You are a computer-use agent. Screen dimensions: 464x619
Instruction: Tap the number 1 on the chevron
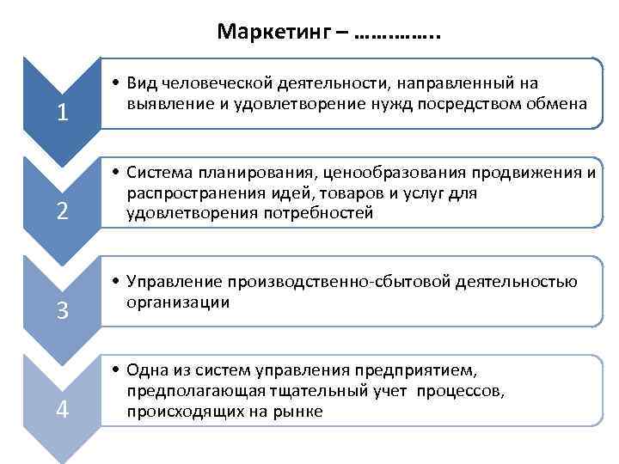pyautogui.click(x=62, y=113)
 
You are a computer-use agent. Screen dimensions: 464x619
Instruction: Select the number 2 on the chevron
pyautogui.click(x=62, y=211)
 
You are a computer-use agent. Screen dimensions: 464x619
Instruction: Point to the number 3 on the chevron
pyautogui.click(x=62, y=311)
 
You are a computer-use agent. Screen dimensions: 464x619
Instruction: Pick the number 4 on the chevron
pyautogui.click(x=62, y=410)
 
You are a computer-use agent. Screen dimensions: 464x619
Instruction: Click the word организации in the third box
pyautogui.click(x=178, y=302)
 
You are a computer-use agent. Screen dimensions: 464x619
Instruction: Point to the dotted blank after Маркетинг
pyautogui.click(x=396, y=33)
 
